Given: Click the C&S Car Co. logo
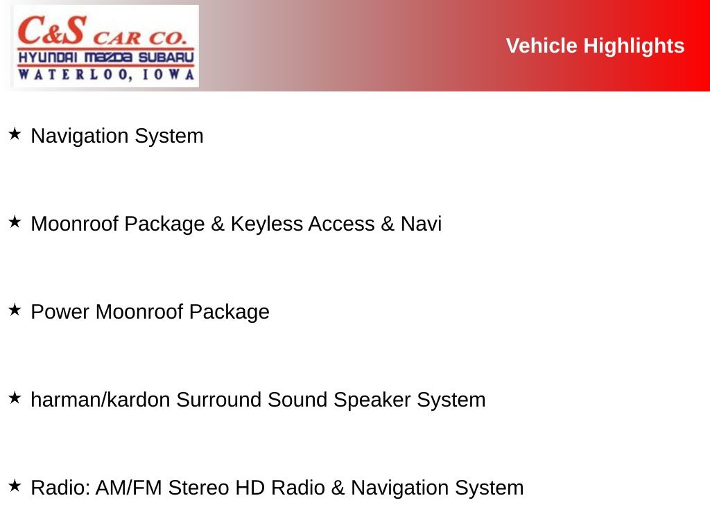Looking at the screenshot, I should click(106, 46).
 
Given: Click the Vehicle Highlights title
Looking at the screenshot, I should click(595, 46).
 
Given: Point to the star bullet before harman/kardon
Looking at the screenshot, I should click(15, 398).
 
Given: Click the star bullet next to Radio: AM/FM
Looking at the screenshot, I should click(15, 486).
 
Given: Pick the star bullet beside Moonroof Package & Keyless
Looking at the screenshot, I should click(15, 222).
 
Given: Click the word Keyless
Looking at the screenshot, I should click(267, 224).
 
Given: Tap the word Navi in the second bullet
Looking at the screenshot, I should click(421, 224).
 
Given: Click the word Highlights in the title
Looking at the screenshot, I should click(634, 46).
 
